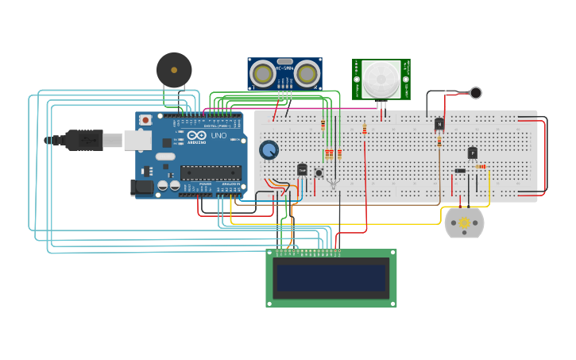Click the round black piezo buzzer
[x=174, y=70]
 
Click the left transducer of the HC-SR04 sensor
[x=264, y=75]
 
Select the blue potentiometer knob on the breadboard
[x=269, y=149]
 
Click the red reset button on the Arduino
[x=145, y=120]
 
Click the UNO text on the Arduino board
[x=218, y=136]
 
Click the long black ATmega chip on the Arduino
[x=211, y=172]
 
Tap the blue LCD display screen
[x=331, y=278]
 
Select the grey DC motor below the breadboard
[x=464, y=223]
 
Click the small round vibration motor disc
[x=475, y=93]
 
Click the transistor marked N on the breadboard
[x=439, y=124]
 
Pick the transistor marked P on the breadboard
[x=473, y=153]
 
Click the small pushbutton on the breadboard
[x=319, y=172]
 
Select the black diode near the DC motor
[x=460, y=171]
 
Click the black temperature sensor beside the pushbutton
[x=302, y=169]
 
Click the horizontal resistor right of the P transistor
[x=481, y=166]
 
